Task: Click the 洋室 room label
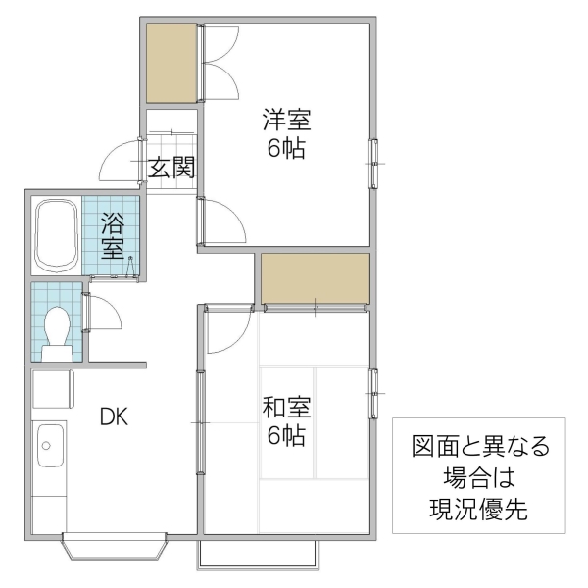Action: pos(285,122)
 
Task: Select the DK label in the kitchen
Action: pos(114,416)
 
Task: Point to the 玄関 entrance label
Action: pos(171,168)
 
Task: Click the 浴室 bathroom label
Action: pos(114,235)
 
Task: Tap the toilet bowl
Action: pos(57,326)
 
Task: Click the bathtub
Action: pos(56,235)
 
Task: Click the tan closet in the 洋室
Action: pos(172,62)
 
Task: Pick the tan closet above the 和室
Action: pos(315,277)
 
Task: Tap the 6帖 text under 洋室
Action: pos(285,149)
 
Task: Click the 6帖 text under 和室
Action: pos(285,434)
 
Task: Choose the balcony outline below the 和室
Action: pos(257,553)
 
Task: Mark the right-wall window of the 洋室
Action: pos(373,162)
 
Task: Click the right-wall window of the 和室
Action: pos(373,394)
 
